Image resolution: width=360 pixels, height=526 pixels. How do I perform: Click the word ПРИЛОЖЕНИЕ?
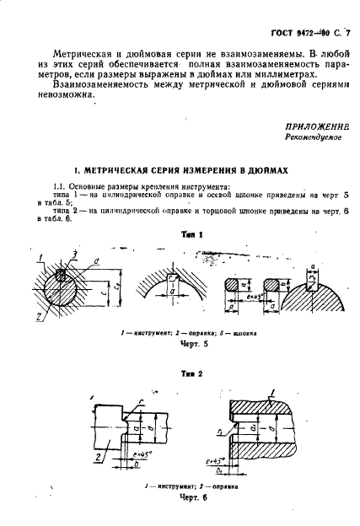coord(318,124)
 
